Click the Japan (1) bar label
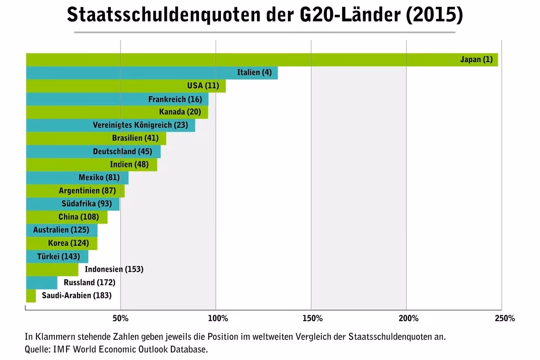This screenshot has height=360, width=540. (x=476, y=59)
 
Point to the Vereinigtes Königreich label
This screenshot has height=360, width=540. (x=140, y=125)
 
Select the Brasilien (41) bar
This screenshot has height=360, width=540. (x=67, y=138)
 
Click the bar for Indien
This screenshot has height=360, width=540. (x=67, y=164)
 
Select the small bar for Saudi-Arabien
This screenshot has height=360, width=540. (x=31, y=296)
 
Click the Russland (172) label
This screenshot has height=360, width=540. (x=90, y=283)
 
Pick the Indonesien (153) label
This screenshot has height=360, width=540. (x=114, y=270)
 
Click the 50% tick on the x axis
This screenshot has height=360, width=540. (x=121, y=319)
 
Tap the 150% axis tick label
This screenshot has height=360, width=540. (x=312, y=319)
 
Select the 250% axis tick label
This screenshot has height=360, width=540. (x=504, y=319)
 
